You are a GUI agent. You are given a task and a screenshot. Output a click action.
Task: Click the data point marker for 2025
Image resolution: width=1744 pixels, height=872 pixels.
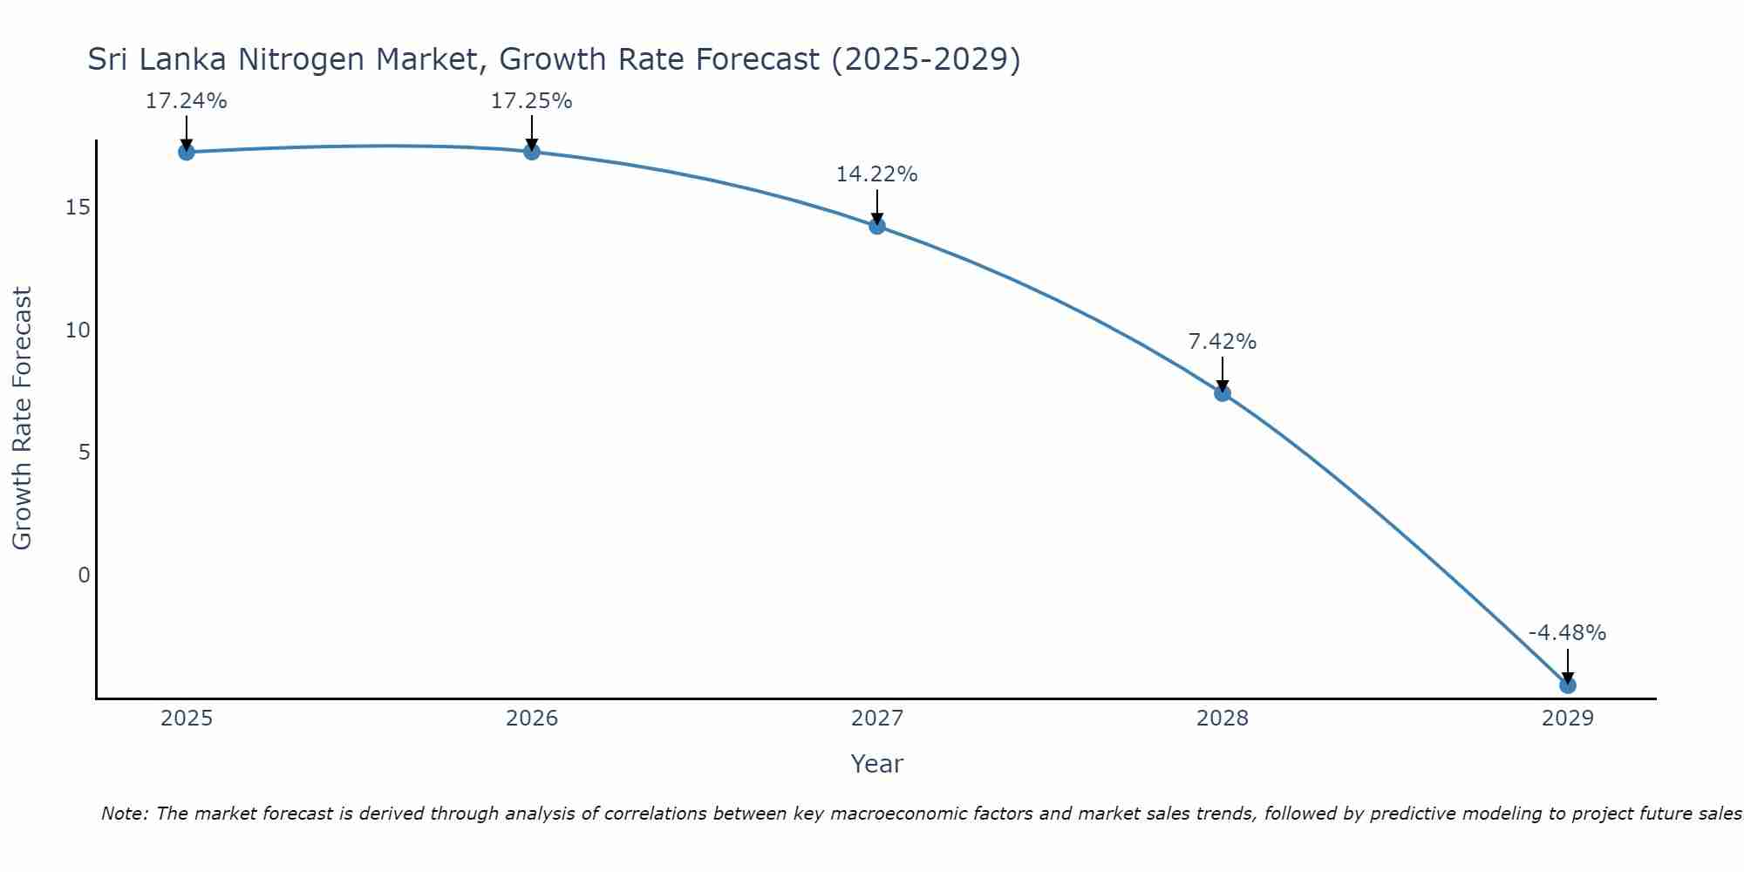[x=187, y=153]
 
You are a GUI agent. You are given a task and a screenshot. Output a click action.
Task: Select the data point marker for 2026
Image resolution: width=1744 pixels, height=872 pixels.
[x=532, y=152]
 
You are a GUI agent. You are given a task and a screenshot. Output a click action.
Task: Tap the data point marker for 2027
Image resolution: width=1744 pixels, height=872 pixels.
[x=877, y=226]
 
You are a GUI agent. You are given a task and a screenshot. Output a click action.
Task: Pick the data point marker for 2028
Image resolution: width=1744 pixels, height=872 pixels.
[x=1223, y=393]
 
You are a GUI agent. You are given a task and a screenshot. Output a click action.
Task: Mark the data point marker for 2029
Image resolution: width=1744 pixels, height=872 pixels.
[x=1568, y=685]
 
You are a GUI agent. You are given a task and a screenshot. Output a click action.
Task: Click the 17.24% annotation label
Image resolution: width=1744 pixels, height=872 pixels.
[x=187, y=101]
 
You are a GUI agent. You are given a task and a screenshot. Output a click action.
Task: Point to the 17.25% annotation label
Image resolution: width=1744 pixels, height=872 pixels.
[x=532, y=101]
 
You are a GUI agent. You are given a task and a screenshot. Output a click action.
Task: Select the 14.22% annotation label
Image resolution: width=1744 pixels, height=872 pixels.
[x=877, y=174]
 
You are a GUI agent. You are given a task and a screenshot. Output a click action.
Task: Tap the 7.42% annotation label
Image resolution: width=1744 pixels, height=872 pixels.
[x=1223, y=342]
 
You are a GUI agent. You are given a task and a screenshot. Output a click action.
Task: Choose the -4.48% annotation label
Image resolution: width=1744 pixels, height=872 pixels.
[x=1567, y=633]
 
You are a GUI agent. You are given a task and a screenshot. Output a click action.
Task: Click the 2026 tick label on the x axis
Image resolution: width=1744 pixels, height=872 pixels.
[x=532, y=719]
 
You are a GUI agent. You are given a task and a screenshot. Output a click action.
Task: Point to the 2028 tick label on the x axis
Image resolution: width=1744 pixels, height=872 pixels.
[x=1223, y=719]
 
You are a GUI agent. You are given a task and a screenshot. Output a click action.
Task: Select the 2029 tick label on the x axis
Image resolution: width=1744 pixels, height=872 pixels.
[x=1568, y=719]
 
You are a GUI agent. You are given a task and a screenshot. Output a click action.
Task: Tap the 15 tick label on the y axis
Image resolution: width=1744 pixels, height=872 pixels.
[x=78, y=208]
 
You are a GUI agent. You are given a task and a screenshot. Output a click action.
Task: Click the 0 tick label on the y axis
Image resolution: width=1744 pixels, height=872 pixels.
[x=84, y=576]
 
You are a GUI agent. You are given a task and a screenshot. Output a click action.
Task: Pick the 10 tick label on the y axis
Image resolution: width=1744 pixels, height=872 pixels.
[x=78, y=330]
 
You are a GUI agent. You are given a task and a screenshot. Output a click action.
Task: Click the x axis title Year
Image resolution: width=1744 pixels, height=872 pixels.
[x=877, y=764]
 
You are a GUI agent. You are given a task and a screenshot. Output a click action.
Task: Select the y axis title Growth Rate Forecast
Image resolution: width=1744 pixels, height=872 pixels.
[x=22, y=419]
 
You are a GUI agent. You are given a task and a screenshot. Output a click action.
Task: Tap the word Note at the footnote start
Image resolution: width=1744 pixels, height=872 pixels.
[x=125, y=814]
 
